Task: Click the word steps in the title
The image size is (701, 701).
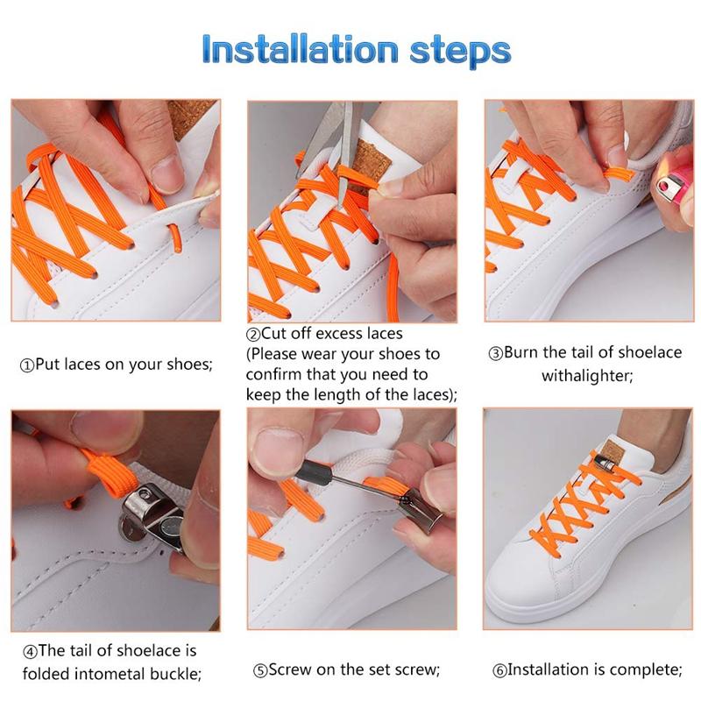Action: click(x=461, y=50)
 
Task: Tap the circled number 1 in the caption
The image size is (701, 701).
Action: click(x=26, y=365)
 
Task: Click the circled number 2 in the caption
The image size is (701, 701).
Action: click(x=253, y=335)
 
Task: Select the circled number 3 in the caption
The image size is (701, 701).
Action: click(x=495, y=354)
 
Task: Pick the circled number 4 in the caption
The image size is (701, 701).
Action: click(x=30, y=652)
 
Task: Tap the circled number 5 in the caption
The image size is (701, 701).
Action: click(x=260, y=671)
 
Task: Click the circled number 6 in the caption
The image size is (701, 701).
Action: click(x=499, y=671)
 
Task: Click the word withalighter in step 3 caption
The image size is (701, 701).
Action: click(x=586, y=375)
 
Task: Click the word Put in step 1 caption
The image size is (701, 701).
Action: click(x=47, y=365)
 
